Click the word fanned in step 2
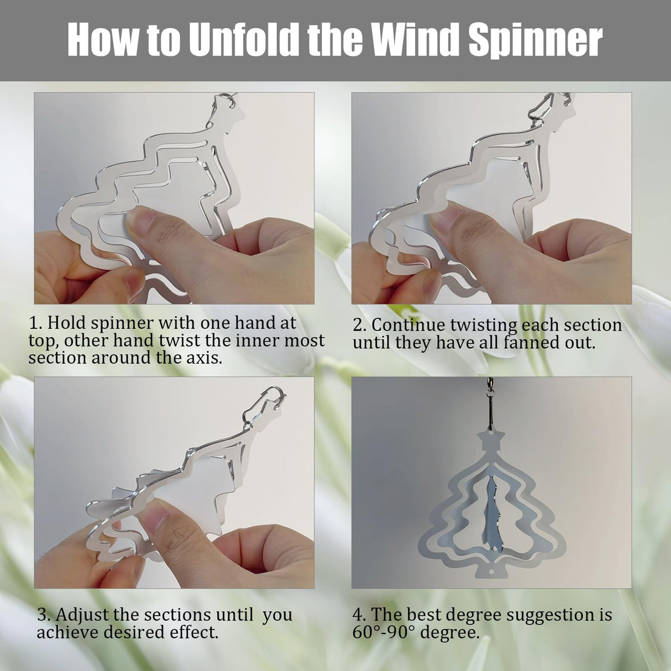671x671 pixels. tap(530, 343)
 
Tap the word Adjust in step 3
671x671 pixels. tap(82, 615)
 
